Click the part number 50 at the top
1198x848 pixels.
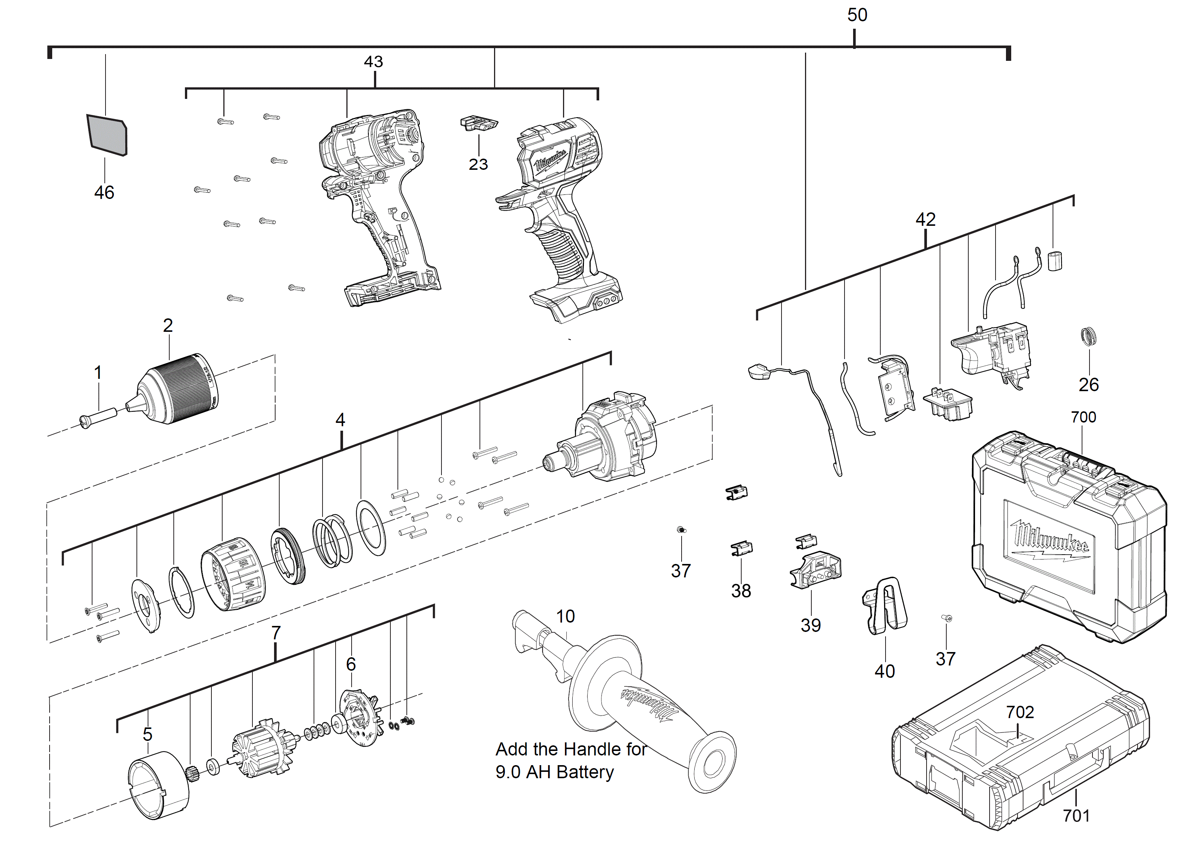tap(857, 15)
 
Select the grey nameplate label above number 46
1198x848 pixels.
tap(107, 135)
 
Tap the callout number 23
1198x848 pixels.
tap(478, 165)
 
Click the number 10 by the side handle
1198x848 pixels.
tap(565, 616)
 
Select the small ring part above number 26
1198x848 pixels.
tap(1088, 336)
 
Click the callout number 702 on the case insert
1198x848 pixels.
tap(1019, 712)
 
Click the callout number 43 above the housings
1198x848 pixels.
tap(373, 62)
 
